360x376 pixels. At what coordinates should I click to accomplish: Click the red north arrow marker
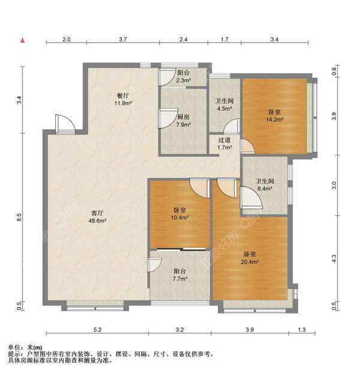click(x=23, y=40)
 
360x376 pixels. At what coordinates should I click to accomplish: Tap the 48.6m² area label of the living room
click(x=97, y=220)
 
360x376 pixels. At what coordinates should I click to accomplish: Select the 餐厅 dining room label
click(x=123, y=96)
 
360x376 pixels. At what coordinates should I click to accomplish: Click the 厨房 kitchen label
click(x=184, y=117)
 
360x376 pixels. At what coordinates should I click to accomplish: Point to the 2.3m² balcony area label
click(x=184, y=80)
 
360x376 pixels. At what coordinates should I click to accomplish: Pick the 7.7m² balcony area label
click(x=180, y=279)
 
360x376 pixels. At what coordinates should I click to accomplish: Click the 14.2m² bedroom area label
click(x=275, y=120)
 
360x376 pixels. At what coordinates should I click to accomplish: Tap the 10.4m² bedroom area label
click(x=179, y=218)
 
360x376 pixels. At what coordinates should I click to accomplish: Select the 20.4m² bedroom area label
click(x=250, y=262)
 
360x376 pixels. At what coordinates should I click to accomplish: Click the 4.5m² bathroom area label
click(x=224, y=108)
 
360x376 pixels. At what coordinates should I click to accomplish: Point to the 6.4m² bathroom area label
click(x=265, y=189)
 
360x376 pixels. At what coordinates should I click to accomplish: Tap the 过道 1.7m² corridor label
click(x=224, y=144)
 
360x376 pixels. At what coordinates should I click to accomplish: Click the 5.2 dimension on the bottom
click(x=97, y=330)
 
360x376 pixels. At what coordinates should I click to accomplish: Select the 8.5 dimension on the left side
click(x=19, y=217)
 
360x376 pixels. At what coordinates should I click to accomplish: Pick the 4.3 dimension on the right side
click(x=334, y=258)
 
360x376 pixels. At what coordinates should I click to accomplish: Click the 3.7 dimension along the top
click(x=123, y=39)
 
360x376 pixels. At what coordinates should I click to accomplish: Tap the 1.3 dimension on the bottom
click(x=302, y=330)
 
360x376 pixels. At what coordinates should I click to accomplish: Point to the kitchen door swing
click(x=167, y=118)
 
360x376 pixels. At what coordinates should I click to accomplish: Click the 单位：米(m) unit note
click(x=25, y=347)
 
